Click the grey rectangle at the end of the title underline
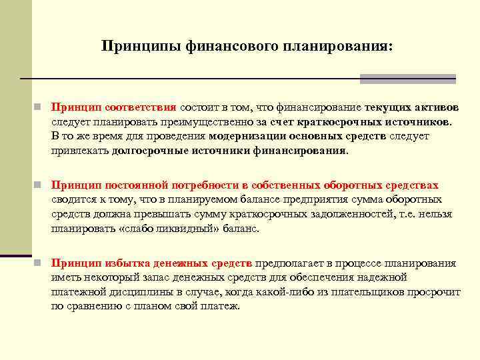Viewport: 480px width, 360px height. click(407, 79)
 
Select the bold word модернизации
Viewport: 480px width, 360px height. click(247, 136)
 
